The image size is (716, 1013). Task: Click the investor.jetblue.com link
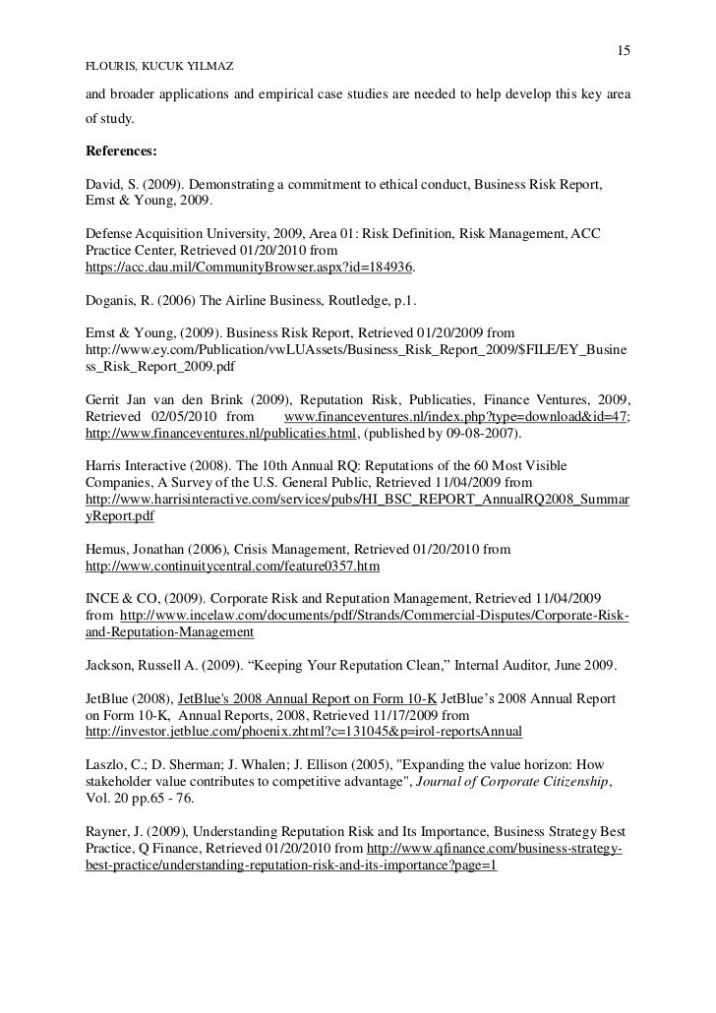pyautogui.click(x=304, y=732)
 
